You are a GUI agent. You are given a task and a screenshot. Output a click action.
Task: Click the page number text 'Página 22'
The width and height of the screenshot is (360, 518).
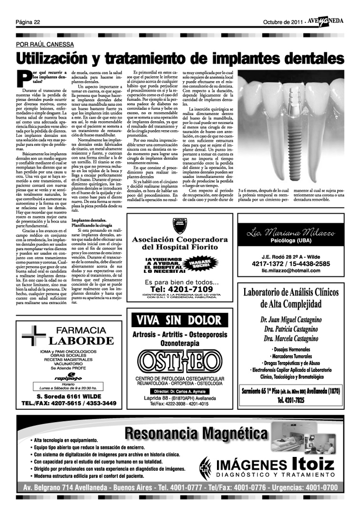click(28, 22)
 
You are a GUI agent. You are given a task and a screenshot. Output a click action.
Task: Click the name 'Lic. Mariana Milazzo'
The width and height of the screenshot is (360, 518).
click(291, 233)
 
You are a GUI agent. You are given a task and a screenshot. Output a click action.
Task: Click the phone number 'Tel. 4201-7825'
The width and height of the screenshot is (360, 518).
click(291, 400)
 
